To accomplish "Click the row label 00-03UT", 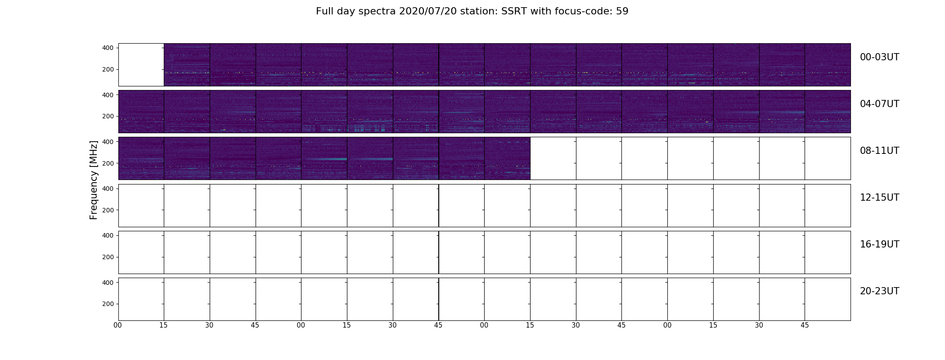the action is pos(879,57).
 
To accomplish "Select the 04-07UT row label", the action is pos(879,104).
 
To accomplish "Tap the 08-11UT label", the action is pos(879,151).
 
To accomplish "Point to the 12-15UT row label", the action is pos(879,198).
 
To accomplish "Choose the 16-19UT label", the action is pos(879,244).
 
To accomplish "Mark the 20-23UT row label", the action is pos(879,291).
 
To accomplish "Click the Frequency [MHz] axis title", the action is pos(94,180).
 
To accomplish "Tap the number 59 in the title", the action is pos(622,11).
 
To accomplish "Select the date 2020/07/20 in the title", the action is pos(428,11).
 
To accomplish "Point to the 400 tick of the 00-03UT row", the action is pos(108,48).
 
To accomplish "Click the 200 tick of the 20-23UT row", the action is pos(108,304).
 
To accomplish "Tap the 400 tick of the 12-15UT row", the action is pos(108,189).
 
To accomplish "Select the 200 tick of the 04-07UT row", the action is pos(108,117).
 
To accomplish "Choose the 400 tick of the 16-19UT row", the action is pos(108,235).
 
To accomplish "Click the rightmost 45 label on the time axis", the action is pos(805,325).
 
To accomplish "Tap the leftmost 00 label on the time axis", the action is pos(118,325).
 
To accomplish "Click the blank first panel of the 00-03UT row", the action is pos(141,65).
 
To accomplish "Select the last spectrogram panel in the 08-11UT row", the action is pos(507,158).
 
